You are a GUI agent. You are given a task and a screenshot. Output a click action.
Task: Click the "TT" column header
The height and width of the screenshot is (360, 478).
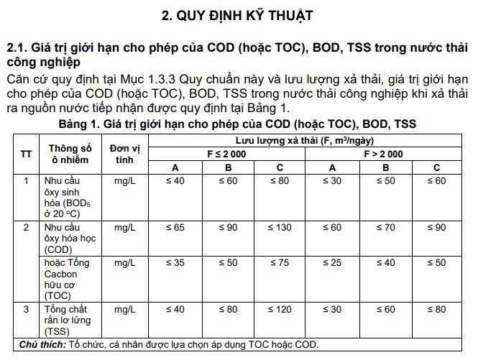[26, 153]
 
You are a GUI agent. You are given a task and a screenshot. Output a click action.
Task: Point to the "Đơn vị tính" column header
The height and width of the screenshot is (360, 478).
[125, 153]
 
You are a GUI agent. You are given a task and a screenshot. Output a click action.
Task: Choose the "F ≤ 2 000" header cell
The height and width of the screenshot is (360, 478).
[227, 154]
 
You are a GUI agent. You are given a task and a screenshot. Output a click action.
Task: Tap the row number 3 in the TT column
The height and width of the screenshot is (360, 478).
[26, 309]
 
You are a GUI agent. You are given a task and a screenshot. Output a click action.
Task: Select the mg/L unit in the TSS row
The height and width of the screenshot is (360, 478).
[125, 309]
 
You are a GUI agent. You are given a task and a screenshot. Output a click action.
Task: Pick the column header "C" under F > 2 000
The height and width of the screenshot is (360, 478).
[436, 167]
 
